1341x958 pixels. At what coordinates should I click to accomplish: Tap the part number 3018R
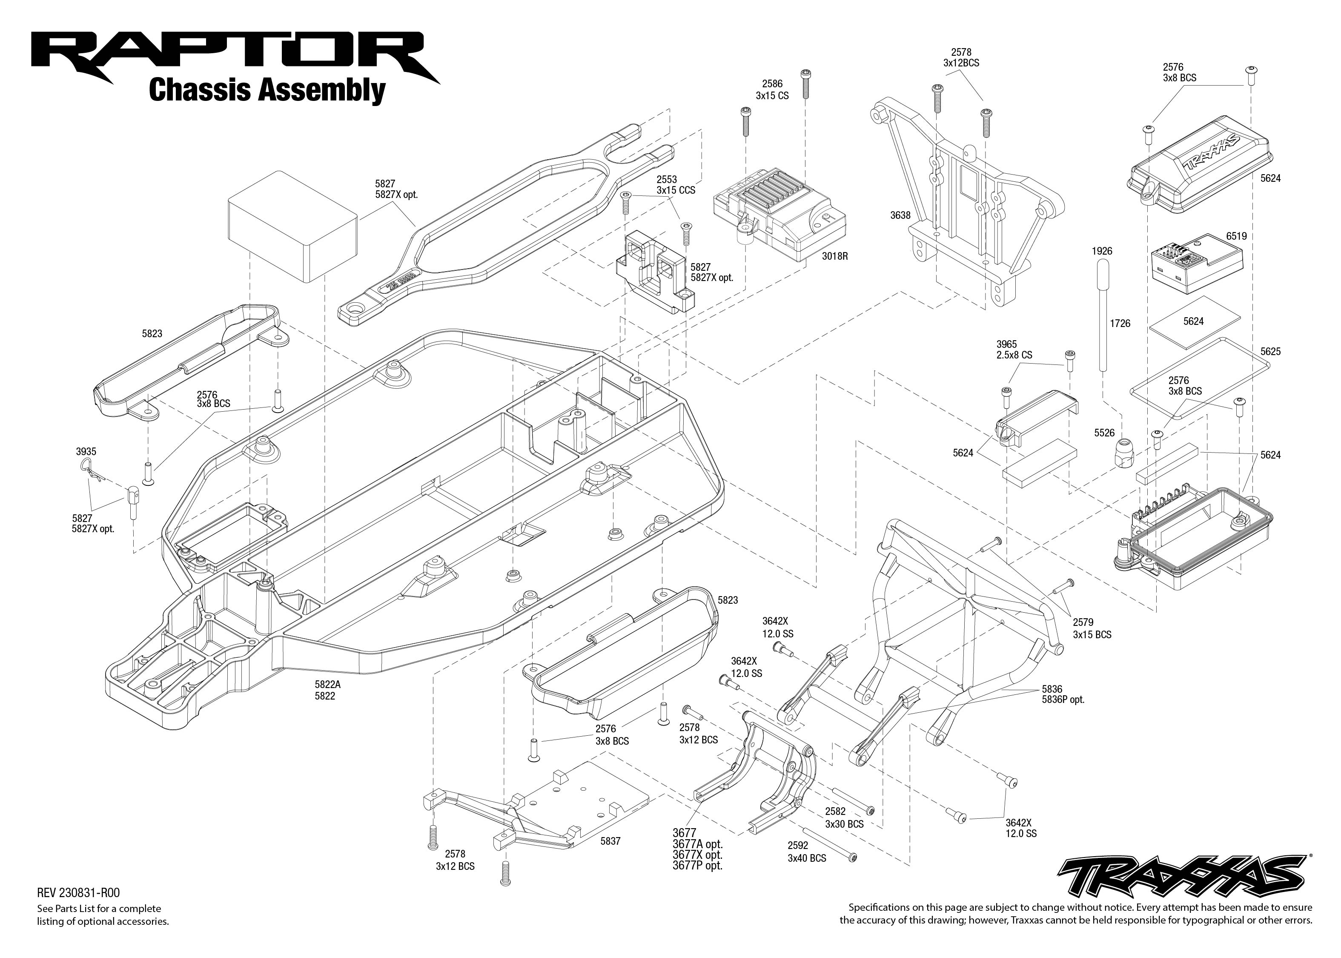[x=834, y=257]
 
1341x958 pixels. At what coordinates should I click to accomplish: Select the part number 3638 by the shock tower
[x=900, y=215]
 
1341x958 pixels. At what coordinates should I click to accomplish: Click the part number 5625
[x=1270, y=352]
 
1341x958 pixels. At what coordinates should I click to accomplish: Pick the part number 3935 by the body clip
[x=86, y=452]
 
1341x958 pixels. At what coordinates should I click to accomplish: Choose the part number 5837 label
[x=610, y=841]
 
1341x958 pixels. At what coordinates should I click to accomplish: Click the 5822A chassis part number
[x=327, y=685]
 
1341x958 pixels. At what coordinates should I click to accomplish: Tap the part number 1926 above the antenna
[x=1102, y=251]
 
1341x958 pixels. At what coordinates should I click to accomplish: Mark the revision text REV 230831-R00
[x=78, y=893]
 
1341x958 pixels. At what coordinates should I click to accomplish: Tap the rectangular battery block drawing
[x=292, y=227]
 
